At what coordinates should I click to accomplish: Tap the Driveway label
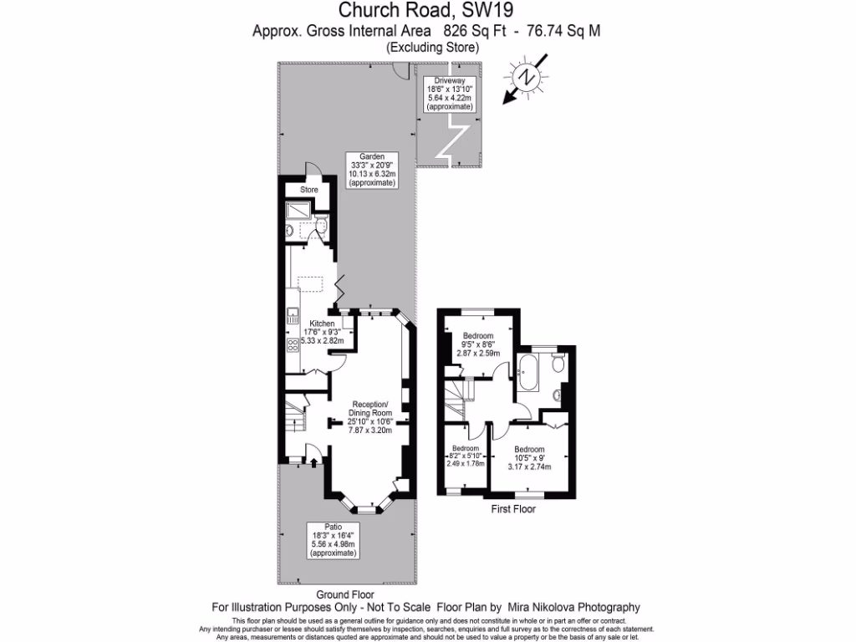click(x=450, y=80)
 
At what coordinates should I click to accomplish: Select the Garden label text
click(x=372, y=156)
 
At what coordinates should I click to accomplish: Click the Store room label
click(x=309, y=190)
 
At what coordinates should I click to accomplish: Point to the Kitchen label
click(x=323, y=324)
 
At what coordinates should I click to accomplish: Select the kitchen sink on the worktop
click(x=293, y=316)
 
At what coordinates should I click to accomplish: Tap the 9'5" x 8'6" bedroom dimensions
click(x=478, y=344)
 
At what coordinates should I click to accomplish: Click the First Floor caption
click(x=514, y=508)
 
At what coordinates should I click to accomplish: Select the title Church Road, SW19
click(x=426, y=11)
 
